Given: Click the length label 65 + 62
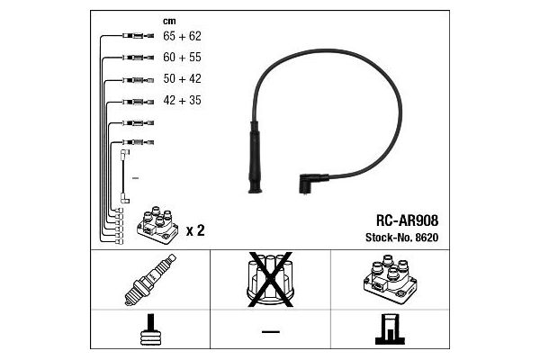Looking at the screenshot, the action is point(182,36).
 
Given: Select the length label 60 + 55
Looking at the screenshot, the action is point(182,58).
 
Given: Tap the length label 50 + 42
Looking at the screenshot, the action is point(182,78).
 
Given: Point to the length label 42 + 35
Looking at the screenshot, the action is point(182,100).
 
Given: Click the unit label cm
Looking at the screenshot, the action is point(169,21).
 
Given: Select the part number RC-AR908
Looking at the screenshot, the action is point(407,220).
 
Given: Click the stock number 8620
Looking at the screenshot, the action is point(427,238).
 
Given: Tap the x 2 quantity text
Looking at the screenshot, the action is point(195,230).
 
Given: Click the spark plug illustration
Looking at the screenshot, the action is point(149,280).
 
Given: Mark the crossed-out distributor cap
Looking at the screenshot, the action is point(270,279).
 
